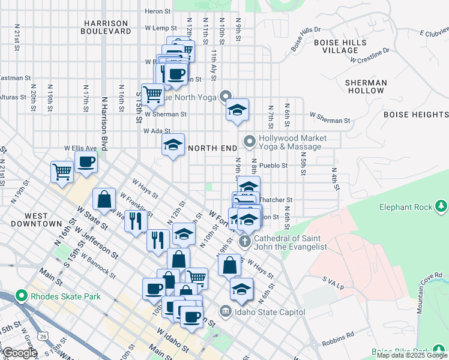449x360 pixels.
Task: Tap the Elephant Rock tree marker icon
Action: pyautogui.click(x=442, y=207)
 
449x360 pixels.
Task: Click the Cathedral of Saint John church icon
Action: pyautogui.click(x=244, y=242)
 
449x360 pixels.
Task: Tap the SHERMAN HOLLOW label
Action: pyautogui.click(x=365, y=86)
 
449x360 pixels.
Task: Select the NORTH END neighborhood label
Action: pyautogui.click(x=209, y=148)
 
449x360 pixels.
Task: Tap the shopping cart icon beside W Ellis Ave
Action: pyautogui.click(x=62, y=172)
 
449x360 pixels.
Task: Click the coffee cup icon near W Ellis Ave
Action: pyautogui.click(x=86, y=161)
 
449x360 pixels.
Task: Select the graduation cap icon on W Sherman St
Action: pyautogui.click(x=237, y=110)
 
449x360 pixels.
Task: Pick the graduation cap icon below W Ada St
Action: pyautogui.click(x=173, y=145)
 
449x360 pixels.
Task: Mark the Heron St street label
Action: pyautogui.click(x=158, y=11)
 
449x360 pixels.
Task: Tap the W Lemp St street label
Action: pyautogui.click(x=161, y=28)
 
